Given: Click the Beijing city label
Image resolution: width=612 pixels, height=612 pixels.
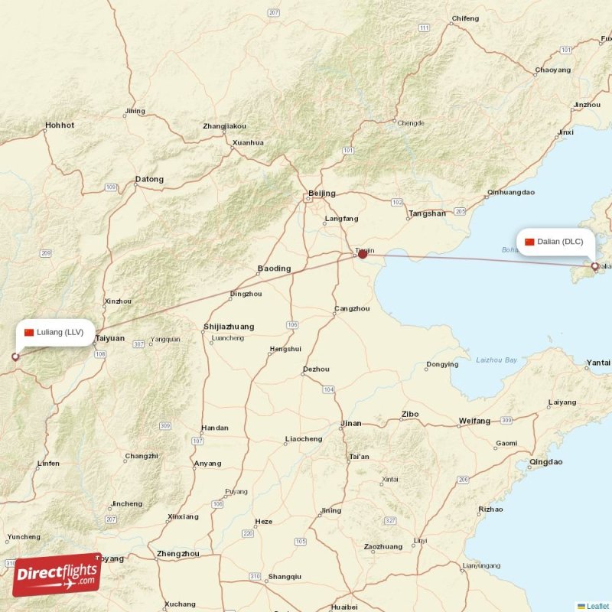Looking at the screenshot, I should coord(321,194).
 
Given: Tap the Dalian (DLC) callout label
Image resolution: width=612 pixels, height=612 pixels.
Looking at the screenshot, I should coord(555,242).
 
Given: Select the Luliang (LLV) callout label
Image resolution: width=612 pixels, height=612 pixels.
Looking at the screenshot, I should coord(54,332).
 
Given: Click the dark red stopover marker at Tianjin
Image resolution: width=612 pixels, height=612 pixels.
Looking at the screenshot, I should coord(363,253).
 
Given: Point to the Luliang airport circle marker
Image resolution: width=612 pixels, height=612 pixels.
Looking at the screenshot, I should coord(15,356).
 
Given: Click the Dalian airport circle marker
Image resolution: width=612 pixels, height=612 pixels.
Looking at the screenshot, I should coord(595,266).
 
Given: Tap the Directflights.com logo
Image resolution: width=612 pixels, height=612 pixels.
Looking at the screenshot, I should coord(57,574).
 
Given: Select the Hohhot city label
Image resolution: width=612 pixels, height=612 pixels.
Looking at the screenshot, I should coord(60,125).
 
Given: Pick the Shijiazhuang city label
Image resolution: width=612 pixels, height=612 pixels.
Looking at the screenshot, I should coord(229,327).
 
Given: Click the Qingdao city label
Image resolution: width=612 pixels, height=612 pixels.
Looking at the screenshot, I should coord(545,462).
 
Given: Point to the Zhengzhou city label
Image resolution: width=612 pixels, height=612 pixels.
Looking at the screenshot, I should coord(177,553).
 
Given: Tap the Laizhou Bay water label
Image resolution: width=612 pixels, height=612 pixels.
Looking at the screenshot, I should coord(496,360).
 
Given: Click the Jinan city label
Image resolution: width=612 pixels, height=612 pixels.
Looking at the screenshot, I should coord(351,423).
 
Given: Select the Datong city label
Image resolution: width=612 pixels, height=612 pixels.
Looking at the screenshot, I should coord(149,180).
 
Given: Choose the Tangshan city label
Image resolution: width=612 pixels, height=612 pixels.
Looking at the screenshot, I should coord(427,213).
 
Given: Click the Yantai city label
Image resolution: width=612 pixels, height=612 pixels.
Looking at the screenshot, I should coord(598,362).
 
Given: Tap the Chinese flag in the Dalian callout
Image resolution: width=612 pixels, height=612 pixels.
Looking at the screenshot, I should coord(529,242).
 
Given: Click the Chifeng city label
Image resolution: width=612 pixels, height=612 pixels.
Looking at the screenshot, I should coord(465,18).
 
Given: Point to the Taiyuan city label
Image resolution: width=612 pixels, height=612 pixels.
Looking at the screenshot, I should coord(110,337).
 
